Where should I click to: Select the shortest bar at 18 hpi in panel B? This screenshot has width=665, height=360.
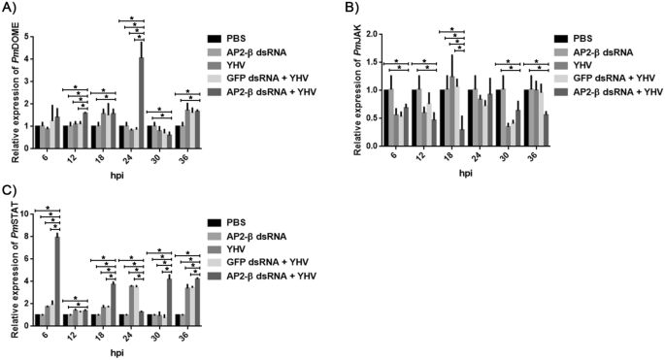pos(461,135)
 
